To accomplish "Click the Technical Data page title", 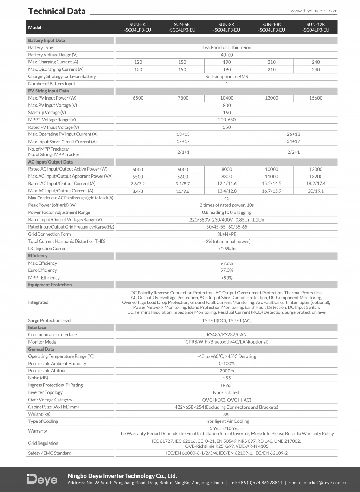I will point(57,11).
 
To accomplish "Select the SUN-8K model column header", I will point(226,27).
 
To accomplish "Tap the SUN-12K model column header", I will point(316,27).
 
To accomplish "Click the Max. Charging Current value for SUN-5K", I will point(138,62).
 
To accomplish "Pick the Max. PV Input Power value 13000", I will point(271,98).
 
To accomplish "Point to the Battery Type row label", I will point(41,47).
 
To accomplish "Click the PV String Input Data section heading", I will point(49,91).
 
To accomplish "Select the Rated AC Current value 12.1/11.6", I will point(227,184).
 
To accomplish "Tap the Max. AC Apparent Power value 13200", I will point(316,177).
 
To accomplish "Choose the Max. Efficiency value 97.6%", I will point(227,263).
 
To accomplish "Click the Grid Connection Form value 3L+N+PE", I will point(227,234).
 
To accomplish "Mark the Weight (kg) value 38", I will point(226,415).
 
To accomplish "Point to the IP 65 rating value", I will point(226,385).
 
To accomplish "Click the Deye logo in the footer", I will point(42,480).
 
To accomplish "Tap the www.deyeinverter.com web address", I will point(314,11).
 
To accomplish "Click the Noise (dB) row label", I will point(38,378).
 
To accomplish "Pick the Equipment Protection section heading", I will point(50,285).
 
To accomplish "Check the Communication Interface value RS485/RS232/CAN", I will point(227,335).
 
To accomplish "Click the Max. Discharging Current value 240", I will point(316,70).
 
